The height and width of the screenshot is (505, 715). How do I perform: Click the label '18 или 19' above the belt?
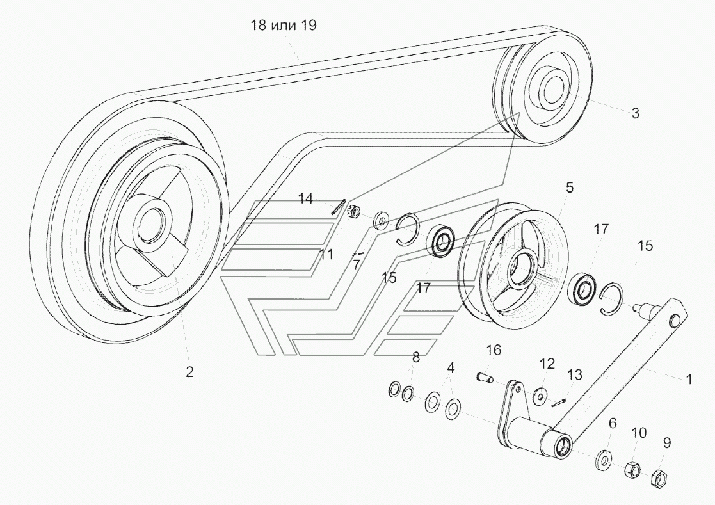(x=283, y=25)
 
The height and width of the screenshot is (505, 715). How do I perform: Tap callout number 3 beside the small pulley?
(x=635, y=113)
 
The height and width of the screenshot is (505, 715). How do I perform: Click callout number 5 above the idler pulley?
(x=569, y=188)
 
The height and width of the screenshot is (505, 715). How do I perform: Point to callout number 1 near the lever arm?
(x=689, y=379)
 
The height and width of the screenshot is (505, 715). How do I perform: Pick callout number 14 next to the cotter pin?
(x=306, y=198)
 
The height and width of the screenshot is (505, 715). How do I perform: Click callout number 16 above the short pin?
(x=494, y=350)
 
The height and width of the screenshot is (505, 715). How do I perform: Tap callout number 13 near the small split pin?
(x=575, y=374)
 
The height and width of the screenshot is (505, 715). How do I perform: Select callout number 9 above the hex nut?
(x=666, y=442)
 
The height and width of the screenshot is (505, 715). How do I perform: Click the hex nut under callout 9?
(x=657, y=477)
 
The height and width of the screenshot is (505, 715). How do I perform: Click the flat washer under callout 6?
(x=604, y=459)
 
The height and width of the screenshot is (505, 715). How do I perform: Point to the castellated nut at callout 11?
(x=355, y=211)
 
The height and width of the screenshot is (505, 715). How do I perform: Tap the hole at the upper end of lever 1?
(x=673, y=321)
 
